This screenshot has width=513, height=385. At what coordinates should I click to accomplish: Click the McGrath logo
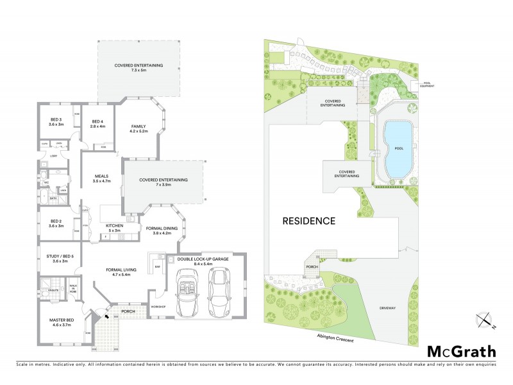pyautogui.click(x=461, y=351)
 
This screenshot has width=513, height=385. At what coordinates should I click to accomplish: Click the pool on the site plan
pyautogui.click(x=397, y=150)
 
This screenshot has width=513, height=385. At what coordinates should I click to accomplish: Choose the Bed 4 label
pyautogui.click(x=97, y=124)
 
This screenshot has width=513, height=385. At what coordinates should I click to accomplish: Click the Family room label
pyautogui.click(x=139, y=128)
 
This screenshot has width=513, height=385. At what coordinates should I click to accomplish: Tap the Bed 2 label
pyautogui.click(x=56, y=224)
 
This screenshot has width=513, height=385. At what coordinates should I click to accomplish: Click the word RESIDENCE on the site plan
pyautogui.click(x=309, y=221)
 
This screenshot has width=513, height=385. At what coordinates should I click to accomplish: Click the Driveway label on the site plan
pyautogui.click(x=387, y=309)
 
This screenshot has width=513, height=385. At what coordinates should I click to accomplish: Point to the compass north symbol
pyautogui.click(x=485, y=319)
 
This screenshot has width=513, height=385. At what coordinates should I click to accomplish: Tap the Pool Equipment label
pyautogui.click(x=429, y=85)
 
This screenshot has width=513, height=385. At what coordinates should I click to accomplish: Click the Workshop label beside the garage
pyautogui.click(x=158, y=307)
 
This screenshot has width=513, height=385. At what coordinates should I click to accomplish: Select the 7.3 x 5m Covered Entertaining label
pyautogui.click(x=139, y=67)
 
